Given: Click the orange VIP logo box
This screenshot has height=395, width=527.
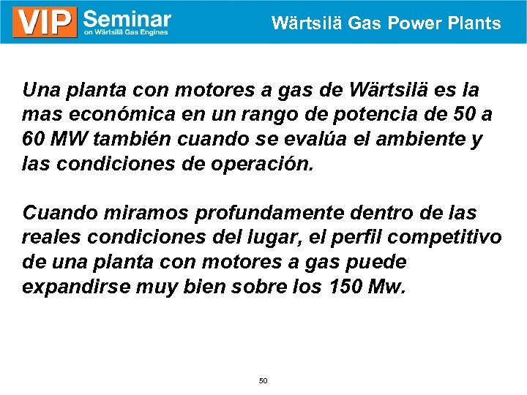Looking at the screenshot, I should pyautogui.click(x=45, y=23).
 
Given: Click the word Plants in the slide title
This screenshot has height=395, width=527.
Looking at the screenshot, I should pyautogui.click(x=475, y=23).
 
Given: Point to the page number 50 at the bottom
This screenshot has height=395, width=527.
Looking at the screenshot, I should pyautogui.click(x=263, y=381).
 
